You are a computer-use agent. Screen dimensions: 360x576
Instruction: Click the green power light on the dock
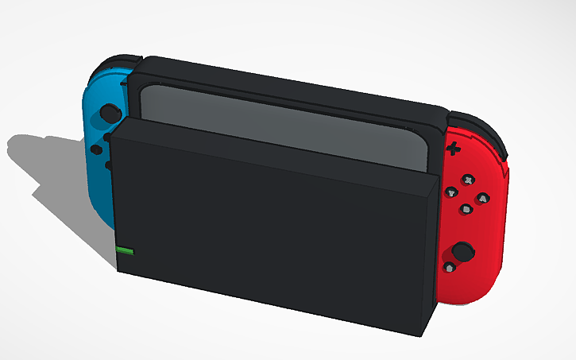[x=126, y=251]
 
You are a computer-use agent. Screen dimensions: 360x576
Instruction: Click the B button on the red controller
[x=466, y=209]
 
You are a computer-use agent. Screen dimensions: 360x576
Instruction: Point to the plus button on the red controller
[x=454, y=148]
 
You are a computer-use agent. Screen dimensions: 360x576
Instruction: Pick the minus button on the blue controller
[x=124, y=81]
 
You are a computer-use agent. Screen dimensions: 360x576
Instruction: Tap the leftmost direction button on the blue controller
[x=95, y=149]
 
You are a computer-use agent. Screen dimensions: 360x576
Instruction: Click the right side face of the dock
[x=434, y=254]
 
